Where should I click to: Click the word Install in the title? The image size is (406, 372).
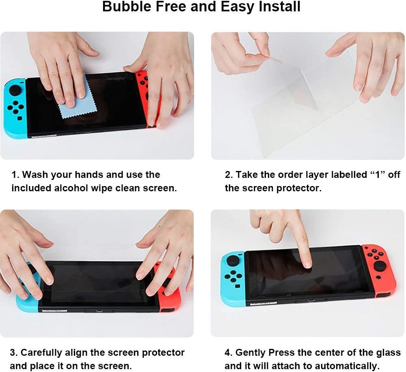tap(280, 6)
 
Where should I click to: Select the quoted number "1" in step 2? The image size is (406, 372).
tap(377, 174)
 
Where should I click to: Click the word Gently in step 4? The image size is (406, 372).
tap(251, 353)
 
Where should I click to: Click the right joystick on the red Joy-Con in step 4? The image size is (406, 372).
tap(380, 266)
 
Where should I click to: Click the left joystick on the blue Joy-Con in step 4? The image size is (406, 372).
tap(233, 261)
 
